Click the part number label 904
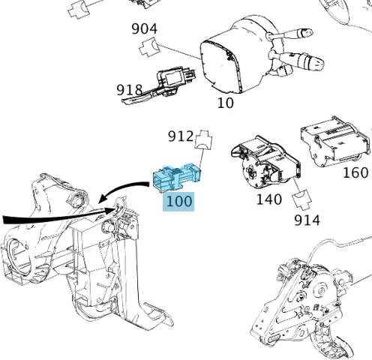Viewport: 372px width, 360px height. click(x=144, y=29)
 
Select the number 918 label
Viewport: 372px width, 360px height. click(x=130, y=90)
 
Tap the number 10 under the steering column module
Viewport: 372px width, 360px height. click(x=225, y=103)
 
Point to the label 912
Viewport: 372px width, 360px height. click(x=181, y=136)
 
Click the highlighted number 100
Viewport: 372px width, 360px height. click(x=179, y=201)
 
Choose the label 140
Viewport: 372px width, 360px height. click(x=268, y=199)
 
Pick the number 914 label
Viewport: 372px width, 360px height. click(x=307, y=220)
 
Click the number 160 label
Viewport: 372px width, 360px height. click(x=355, y=172)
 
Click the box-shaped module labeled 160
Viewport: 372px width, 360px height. click(x=334, y=142)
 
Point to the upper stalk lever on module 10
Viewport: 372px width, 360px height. click(x=303, y=34)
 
